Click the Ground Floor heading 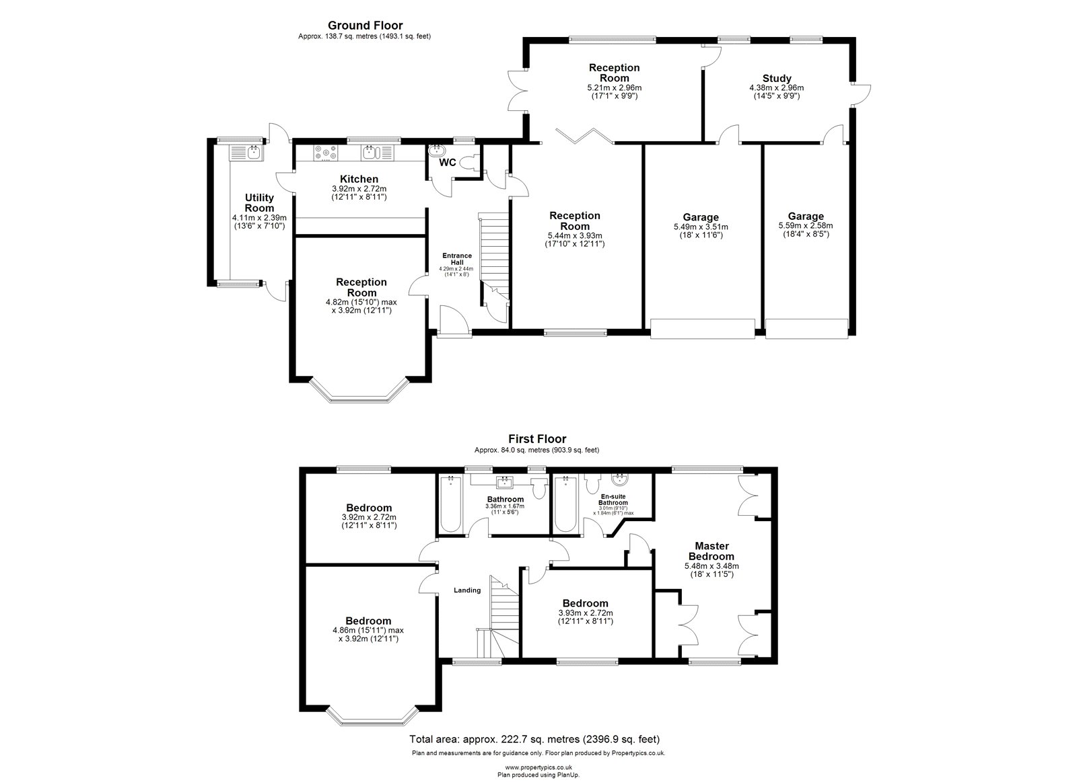[x=365, y=26]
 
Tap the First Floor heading [x=537, y=438]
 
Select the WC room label [x=447, y=162]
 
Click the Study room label [x=777, y=78]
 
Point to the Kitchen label [x=359, y=179]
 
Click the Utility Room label [x=259, y=202]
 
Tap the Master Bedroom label [x=711, y=551]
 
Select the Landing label [x=467, y=590]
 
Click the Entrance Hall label [x=457, y=259]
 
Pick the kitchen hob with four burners [x=326, y=153]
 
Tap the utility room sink [x=253, y=153]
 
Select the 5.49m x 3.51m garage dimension [x=701, y=227]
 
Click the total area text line [x=534, y=739]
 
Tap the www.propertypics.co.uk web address [x=538, y=768]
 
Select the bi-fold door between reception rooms [x=585, y=136]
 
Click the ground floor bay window [x=359, y=391]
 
